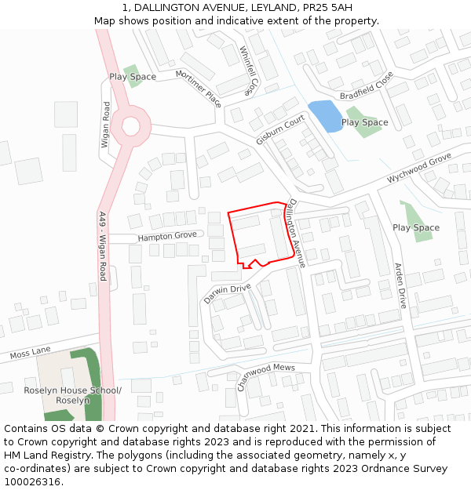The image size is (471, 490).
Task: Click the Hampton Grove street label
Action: click(x=167, y=236)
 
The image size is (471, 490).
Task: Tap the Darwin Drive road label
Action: click(x=227, y=293)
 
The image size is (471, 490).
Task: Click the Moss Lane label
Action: click(x=30, y=354)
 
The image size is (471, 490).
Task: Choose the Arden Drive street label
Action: click(x=400, y=285)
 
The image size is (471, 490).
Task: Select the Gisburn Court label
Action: click(x=279, y=129)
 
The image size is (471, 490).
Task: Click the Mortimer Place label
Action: click(x=199, y=87)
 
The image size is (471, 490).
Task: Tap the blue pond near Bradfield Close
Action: click(x=325, y=116)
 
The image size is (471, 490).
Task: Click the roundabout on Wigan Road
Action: click(x=130, y=125)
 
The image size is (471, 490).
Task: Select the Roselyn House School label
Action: click(x=72, y=395)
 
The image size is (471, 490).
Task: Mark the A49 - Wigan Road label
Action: click(x=102, y=246)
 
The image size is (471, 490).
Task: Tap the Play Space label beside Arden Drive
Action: click(x=416, y=228)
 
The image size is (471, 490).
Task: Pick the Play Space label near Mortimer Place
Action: click(x=133, y=77)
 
